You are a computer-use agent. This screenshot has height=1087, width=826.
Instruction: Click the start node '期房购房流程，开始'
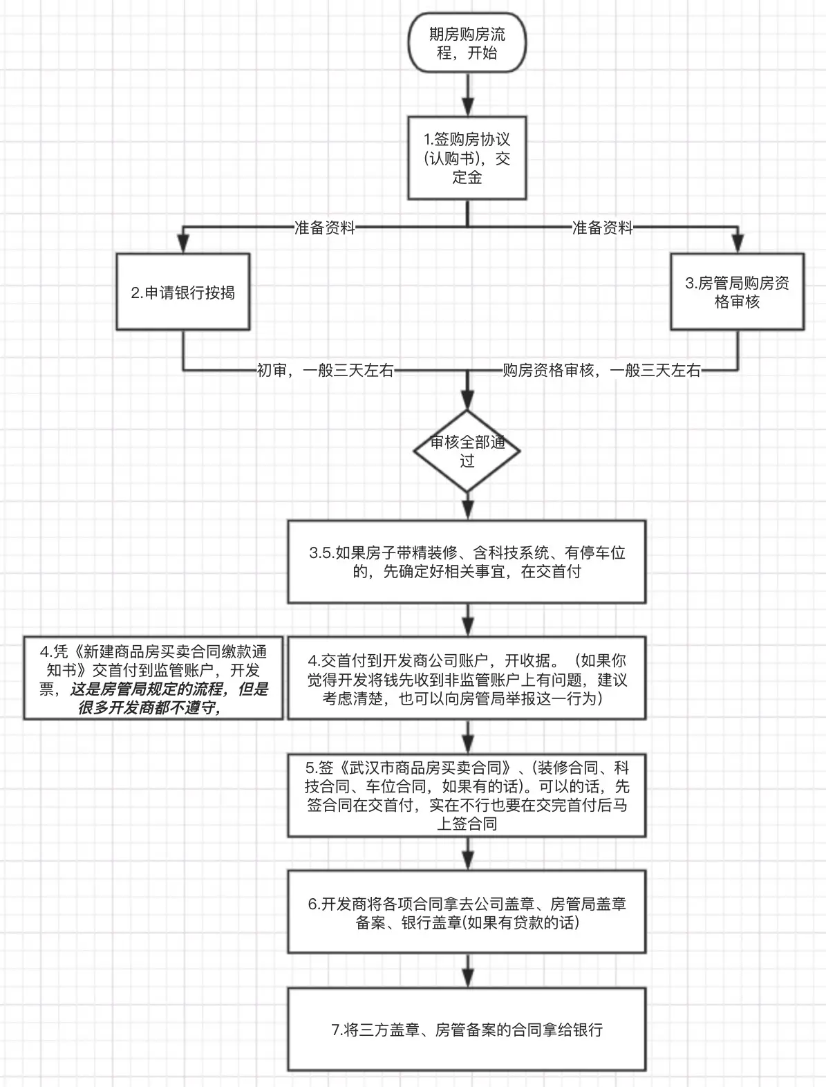pyautogui.click(x=467, y=43)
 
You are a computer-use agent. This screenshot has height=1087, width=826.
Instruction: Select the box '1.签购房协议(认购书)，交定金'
pyautogui.click(x=467, y=158)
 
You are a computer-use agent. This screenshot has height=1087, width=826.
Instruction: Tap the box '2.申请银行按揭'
pyautogui.click(x=183, y=292)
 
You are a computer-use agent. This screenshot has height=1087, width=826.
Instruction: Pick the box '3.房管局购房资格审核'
pyautogui.click(x=737, y=292)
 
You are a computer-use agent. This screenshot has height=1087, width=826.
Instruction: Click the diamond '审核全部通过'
pyautogui.click(x=467, y=451)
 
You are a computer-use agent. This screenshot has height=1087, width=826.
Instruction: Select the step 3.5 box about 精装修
pyautogui.click(x=467, y=562)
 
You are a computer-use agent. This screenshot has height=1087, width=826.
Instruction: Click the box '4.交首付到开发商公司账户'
pyautogui.click(x=467, y=679)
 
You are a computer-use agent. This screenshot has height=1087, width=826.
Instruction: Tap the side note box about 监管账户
pyautogui.click(x=153, y=679)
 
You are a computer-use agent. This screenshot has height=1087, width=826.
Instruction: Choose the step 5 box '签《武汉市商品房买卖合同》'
pyautogui.click(x=467, y=795)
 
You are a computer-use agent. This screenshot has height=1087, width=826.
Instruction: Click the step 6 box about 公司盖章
pyautogui.click(x=467, y=913)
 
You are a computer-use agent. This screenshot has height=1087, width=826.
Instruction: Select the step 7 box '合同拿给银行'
pyautogui.click(x=467, y=1030)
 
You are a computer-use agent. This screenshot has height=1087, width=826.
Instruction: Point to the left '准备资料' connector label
pyautogui.click(x=324, y=227)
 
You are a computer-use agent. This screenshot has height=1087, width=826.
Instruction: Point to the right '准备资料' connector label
pyautogui.click(x=602, y=227)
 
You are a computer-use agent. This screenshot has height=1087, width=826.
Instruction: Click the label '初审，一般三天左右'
pyautogui.click(x=325, y=371)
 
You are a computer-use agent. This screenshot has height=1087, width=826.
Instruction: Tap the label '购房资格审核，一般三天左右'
pyautogui.click(x=601, y=371)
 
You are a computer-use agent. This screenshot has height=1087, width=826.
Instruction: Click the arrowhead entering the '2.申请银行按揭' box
pyautogui.click(x=183, y=243)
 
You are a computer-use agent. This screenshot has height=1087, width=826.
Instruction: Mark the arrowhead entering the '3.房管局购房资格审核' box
pyautogui.click(x=738, y=243)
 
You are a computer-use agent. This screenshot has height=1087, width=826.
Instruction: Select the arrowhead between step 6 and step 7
pyautogui.click(x=468, y=978)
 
